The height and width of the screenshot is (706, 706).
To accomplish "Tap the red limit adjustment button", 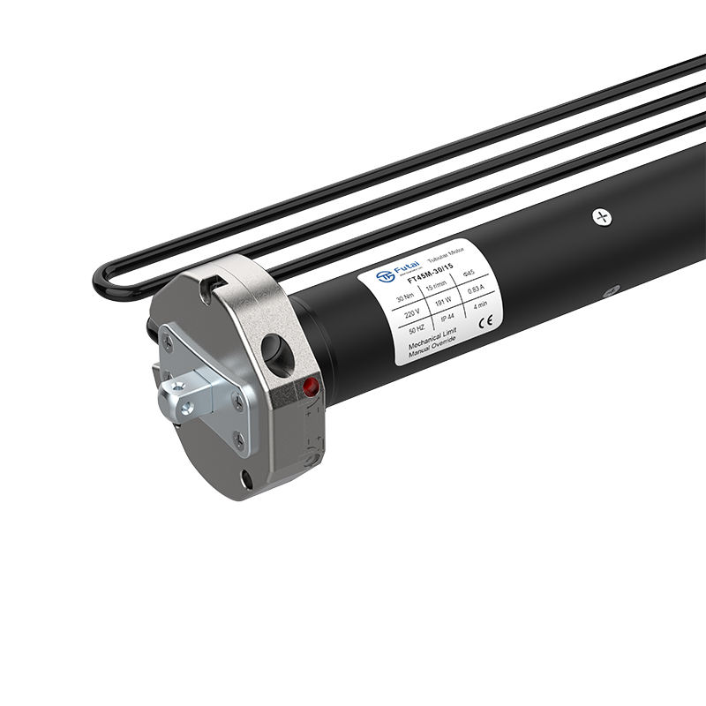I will click(310, 386).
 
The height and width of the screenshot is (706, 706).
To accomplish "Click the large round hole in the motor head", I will click(279, 351).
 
